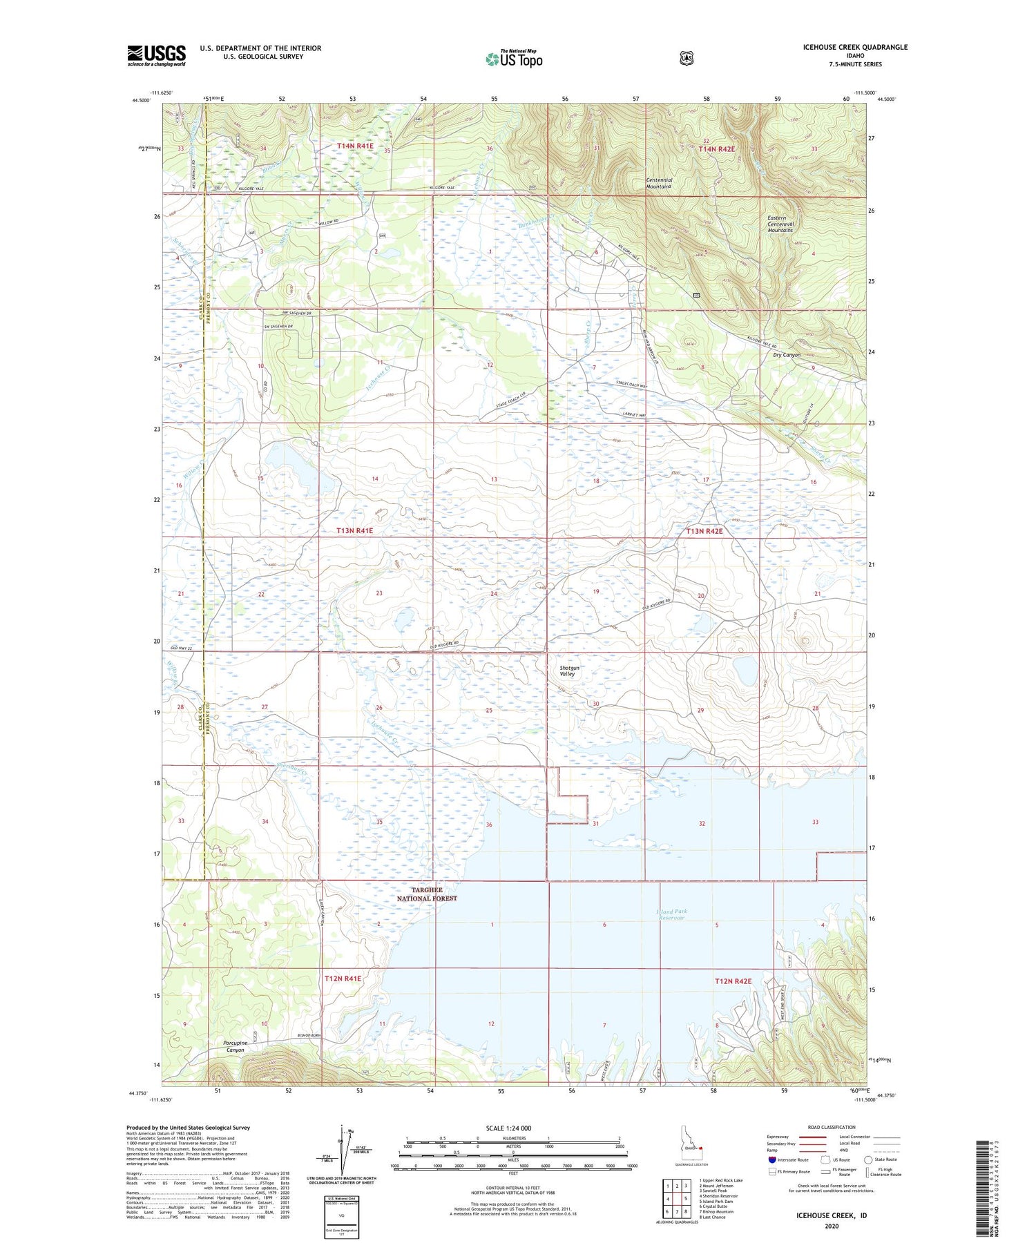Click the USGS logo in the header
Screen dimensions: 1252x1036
156,55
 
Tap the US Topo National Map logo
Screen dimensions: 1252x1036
514,59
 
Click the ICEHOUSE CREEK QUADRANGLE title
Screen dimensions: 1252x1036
855,47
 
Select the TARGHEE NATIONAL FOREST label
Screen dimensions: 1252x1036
427,894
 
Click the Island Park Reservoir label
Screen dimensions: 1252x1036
672,915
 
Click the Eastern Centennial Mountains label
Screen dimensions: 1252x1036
780,224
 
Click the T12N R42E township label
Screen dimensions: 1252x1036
733,981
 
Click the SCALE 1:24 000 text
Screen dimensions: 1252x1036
508,1128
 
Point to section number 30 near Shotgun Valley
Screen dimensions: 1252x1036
595,704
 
